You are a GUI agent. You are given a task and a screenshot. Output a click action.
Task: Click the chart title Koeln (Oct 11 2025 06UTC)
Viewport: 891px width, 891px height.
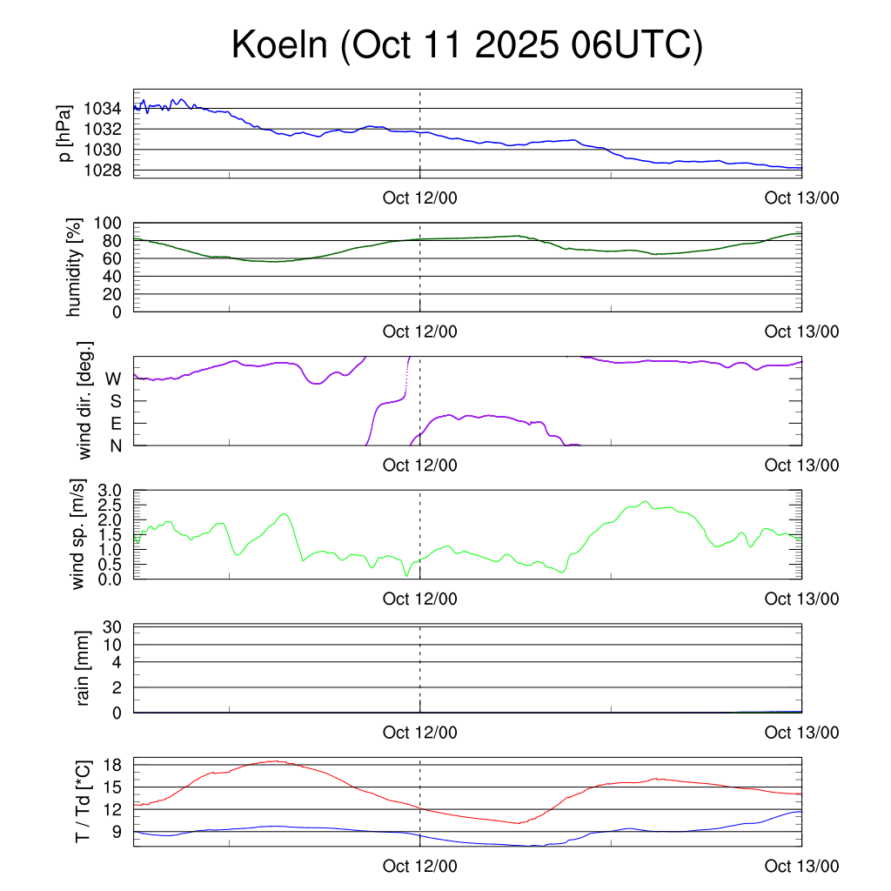[x=466, y=45]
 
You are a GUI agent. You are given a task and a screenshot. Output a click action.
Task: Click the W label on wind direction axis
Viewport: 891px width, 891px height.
[x=114, y=379]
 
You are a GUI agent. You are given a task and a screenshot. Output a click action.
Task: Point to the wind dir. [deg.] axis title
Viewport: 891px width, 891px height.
[x=84, y=400]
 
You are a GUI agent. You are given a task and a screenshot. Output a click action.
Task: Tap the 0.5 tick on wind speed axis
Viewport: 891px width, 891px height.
[x=110, y=564]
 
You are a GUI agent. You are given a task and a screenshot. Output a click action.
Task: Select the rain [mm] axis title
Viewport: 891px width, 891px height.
[x=84, y=668]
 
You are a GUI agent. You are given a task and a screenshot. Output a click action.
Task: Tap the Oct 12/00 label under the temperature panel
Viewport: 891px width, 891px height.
[x=419, y=867]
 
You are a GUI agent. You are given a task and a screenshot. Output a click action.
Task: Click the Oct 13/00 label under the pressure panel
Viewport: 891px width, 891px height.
[x=801, y=198]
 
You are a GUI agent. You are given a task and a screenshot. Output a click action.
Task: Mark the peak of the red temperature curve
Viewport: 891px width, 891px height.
[x=275, y=761]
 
